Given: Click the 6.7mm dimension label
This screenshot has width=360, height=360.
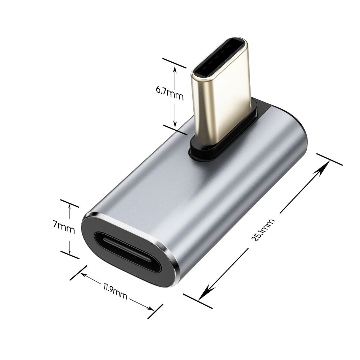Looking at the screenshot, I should tap(170, 94).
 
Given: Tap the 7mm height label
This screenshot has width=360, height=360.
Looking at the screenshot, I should tap(64, 227).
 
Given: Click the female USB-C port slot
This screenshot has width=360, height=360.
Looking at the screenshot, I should tap(128, 252).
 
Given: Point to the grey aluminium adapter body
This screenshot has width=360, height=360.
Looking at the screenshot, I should tap(202, 202).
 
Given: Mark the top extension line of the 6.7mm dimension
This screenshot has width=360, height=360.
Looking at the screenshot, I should tap(174, 63).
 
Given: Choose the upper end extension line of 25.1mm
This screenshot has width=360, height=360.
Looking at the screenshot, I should tap(329, 159).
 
